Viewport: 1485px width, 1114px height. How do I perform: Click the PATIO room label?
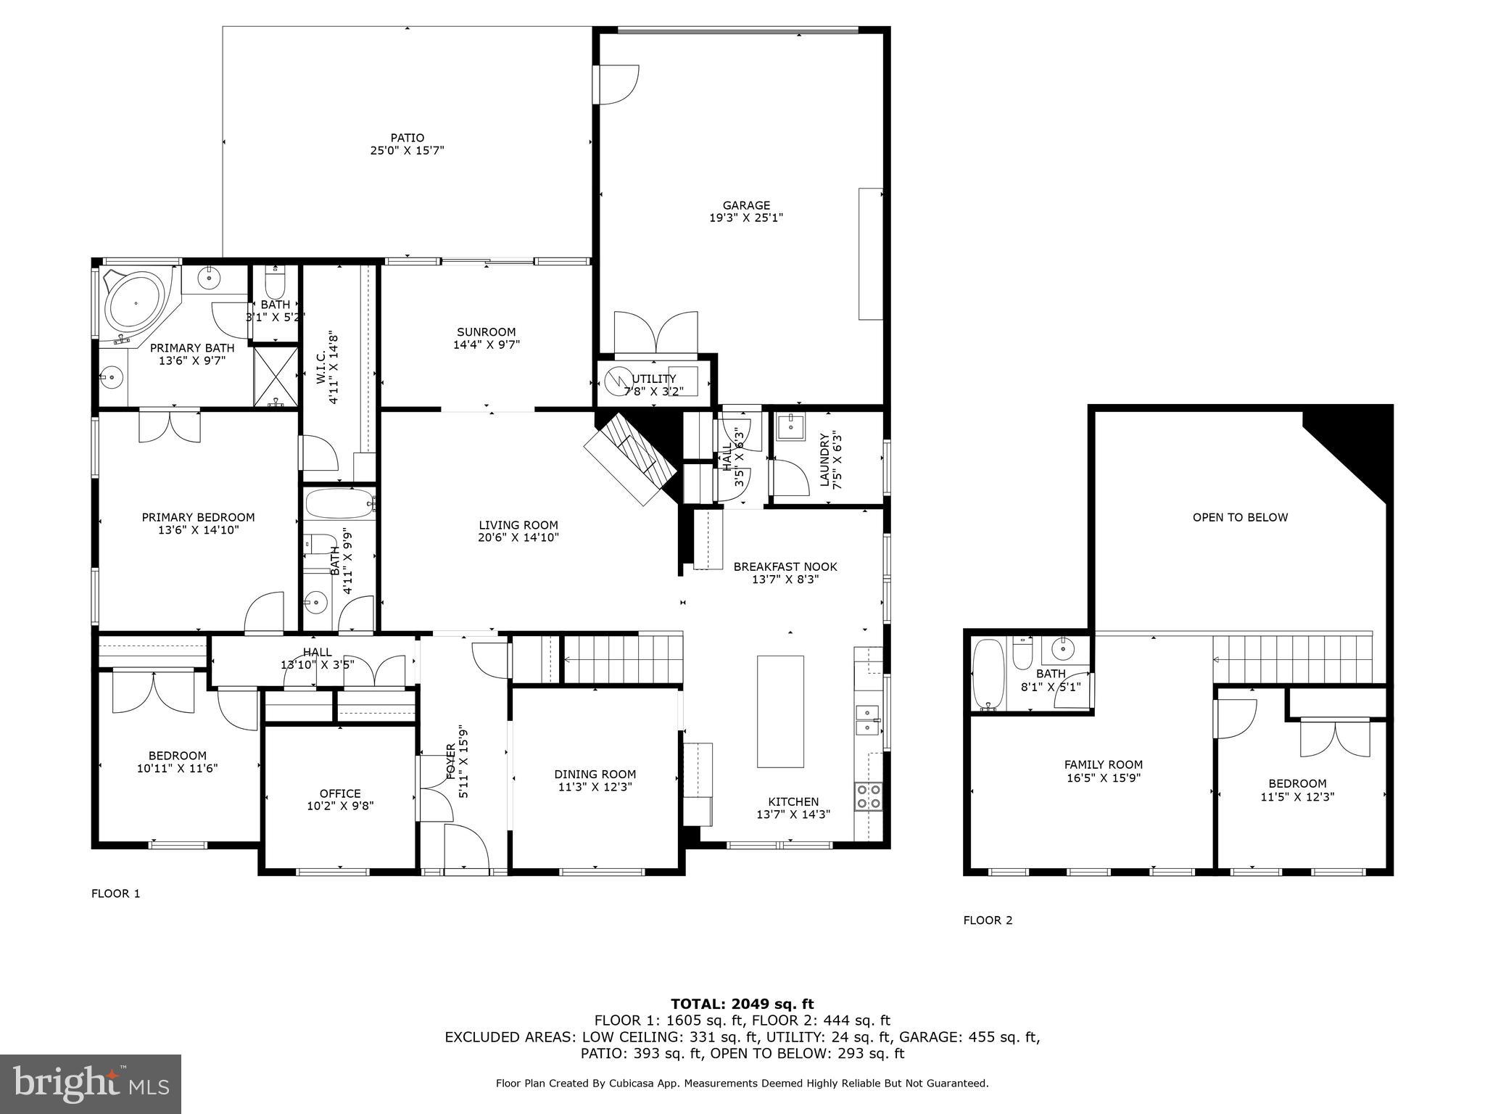[x=407, y=138]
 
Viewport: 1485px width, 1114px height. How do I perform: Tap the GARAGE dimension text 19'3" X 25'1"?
[x=746, y=218]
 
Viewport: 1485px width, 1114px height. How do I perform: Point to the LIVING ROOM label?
[x=518, y=525]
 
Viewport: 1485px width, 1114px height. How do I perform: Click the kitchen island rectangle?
[x=780, y=711]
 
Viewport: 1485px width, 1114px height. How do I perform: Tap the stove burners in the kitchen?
[x=869, y=796]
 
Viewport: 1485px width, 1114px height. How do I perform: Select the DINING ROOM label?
[x=595, y=774]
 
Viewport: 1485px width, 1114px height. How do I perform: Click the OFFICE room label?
[x=340, y=793]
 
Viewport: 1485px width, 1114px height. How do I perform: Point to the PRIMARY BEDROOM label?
[x=198, y=517]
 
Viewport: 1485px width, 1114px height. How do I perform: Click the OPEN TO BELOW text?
[x=1240, y=517]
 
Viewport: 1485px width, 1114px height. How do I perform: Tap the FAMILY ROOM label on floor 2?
[x=1103, y=764]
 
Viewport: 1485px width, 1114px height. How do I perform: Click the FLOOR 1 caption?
[x=115, y=894]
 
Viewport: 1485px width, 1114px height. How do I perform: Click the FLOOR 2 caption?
[x=988, y=920]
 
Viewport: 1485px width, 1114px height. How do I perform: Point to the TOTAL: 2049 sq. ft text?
[x=742, y=1004]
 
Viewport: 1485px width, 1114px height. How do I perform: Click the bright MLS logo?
[x=91, y=1084]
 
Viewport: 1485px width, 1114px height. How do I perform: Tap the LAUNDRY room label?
[x=824, y=459]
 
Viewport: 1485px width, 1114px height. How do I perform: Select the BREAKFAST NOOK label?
[x=785, y=566]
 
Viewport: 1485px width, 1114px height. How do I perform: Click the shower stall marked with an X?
[x=276, y=376]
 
